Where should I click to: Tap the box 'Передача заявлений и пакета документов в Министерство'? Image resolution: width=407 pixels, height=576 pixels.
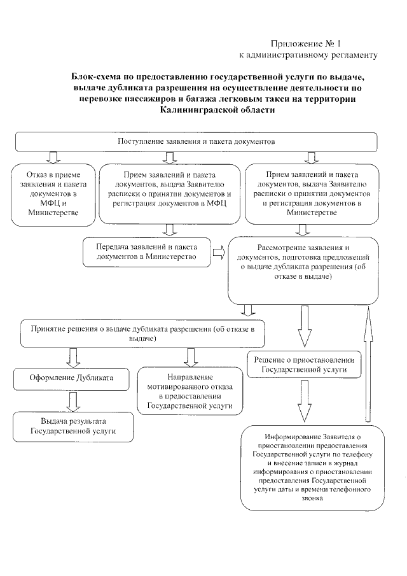pyautogui.click(x=147, y=251)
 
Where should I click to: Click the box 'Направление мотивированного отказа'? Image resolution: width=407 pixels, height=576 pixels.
pyautogui.click(x=189, y=390)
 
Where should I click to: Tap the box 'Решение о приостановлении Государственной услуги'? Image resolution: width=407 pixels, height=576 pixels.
pyautogui.click(x=303, y=364)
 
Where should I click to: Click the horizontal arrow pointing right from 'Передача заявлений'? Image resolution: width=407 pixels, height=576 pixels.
pyautogui.click(x=219, y=252)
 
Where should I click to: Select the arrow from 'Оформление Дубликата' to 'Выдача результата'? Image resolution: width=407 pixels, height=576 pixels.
pyautogui.click(x=72, y=399)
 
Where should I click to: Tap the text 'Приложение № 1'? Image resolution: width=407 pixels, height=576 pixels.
pyautogui.click(x=306, y=44)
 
